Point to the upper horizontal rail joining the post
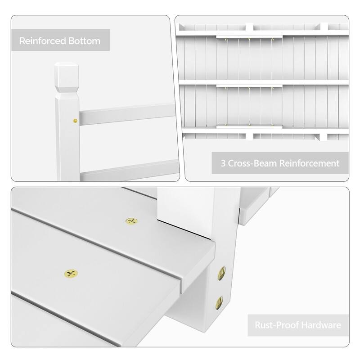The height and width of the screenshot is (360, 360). click(126, 114)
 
